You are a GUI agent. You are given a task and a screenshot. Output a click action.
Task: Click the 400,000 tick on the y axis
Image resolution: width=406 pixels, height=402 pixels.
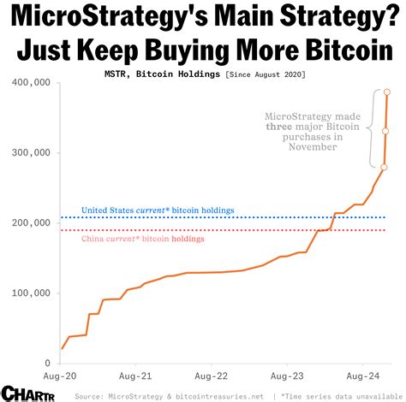pyautogui.click(x=32, y=83)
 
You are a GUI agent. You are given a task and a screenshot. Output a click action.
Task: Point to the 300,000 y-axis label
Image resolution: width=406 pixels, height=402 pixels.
pyautogui.click(x=32, y=153)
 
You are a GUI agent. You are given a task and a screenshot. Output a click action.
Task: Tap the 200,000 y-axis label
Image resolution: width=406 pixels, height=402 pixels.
pyautogui.click(x=32, y=223)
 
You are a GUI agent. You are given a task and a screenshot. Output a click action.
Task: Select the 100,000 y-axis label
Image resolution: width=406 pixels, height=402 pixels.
pyautogui.click(x=32, y=293)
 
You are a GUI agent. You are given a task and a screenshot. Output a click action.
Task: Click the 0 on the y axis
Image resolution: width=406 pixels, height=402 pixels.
pyautogui.click(x=47, y=364)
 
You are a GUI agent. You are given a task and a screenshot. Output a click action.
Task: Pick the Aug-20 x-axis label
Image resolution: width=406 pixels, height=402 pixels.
pyautogui.click(x=61, y=375)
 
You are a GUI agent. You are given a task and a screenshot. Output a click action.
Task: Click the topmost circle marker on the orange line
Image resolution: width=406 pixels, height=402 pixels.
pyautogui.click(x=387, y=92)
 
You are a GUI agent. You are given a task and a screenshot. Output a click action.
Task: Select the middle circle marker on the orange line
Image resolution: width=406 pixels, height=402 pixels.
pyautogui.click(x=385, y=131)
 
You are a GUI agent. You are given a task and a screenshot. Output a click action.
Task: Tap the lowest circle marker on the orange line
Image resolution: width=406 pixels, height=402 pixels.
pyautogui.click(x=384, y=167)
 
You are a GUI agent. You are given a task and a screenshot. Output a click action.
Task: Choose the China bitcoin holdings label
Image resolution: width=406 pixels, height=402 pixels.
pyautogui.click(x=132, y=239)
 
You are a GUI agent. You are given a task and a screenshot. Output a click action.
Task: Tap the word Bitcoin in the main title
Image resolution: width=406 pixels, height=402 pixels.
pyautogui.click(x=342, y=50)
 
